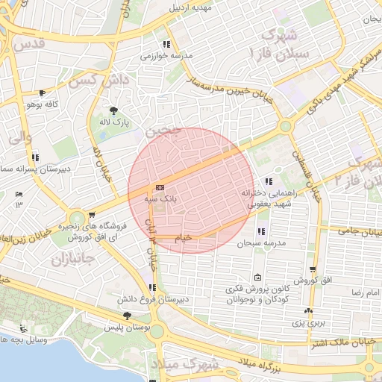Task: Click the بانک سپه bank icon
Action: point(160,188)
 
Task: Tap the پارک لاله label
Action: point(116,121)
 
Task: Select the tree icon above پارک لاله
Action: point(113,110)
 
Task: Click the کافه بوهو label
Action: point(43,104)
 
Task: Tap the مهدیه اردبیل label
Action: point(191,8)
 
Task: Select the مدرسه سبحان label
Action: point(262,244)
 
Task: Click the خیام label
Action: point(183,237)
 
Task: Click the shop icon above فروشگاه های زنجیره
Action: point(92,215)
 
